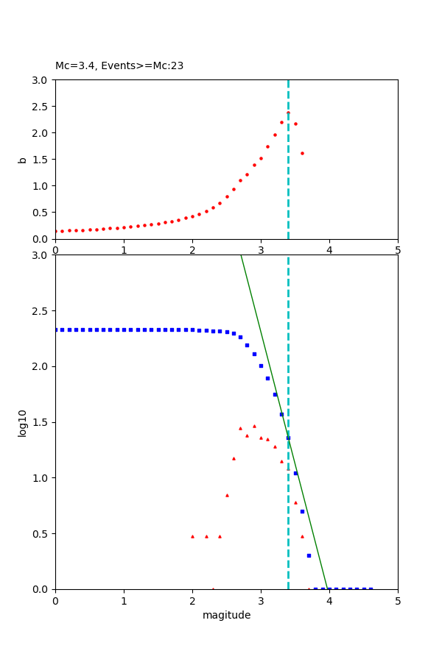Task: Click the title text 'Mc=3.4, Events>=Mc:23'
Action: (119, 66)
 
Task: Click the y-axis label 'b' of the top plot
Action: (23, 160)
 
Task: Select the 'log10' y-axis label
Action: (23, 423)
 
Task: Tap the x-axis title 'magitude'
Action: (226, 615)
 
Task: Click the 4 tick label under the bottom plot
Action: (329, 600)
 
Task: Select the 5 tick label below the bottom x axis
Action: (398, 600)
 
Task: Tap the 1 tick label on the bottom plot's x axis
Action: (124, 600)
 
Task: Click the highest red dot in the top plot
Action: (288, 113)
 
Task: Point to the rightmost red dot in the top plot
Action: (302, 153)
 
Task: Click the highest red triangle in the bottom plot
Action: (254, 426)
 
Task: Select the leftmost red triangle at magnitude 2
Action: (192, 536)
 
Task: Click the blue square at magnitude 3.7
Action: (309, 555)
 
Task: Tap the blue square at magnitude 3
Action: (261, 366)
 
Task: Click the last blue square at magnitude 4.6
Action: (371, 588)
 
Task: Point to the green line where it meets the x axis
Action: (327, 588)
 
